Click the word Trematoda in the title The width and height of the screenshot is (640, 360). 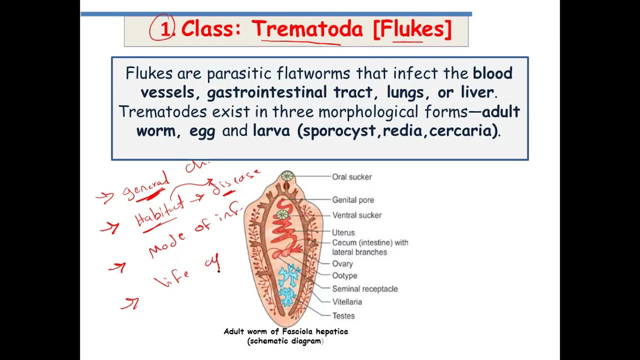[x=306, y=29]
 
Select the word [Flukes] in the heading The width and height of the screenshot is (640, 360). [x=412, y=29]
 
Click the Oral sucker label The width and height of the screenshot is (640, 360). [x=351, y=177]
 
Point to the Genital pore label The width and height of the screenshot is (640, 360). [x=353, y=200]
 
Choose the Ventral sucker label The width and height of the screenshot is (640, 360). [x=356, y=215]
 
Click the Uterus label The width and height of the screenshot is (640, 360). [x=343, y=232]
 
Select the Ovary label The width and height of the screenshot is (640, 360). [x=342, y=264]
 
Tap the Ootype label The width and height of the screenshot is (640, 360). [x=344, y=275]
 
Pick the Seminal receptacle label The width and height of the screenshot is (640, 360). [x=365, y=289]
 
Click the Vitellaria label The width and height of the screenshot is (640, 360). [x=347, y=302]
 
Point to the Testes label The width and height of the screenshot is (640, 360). [x=343, y=316]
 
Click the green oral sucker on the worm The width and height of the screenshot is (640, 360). [x=287, y=176]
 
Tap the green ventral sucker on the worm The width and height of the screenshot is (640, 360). [x=282, y=215]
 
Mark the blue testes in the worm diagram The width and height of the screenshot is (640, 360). [x=288, y=285]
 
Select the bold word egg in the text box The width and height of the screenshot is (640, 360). [x=202, y=131]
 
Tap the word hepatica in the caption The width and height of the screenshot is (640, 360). [x=331, y=331]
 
